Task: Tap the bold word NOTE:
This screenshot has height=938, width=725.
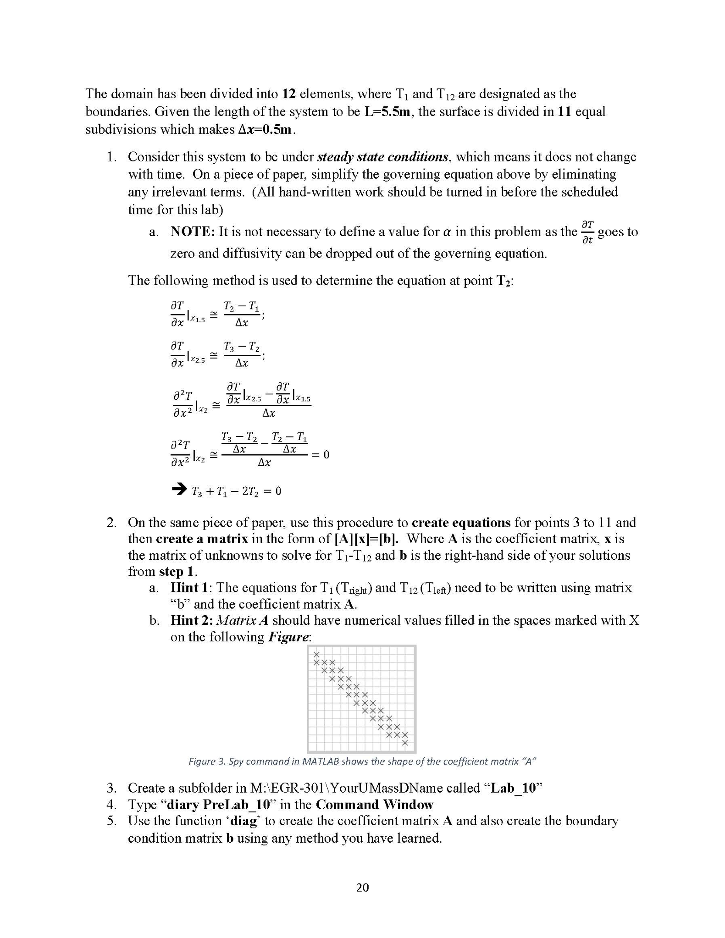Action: (193, 232)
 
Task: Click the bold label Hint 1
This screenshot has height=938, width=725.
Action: (189, 587)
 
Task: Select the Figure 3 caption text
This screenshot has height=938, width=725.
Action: (362, 761)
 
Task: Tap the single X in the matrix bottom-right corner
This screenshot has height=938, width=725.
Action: (405, 743)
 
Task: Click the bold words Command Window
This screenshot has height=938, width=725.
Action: (374, 805)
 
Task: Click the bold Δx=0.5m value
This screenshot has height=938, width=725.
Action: (265, 129)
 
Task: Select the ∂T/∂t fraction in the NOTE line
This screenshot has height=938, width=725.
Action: (587, 232)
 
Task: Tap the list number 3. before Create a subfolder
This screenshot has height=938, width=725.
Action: (111, 788)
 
